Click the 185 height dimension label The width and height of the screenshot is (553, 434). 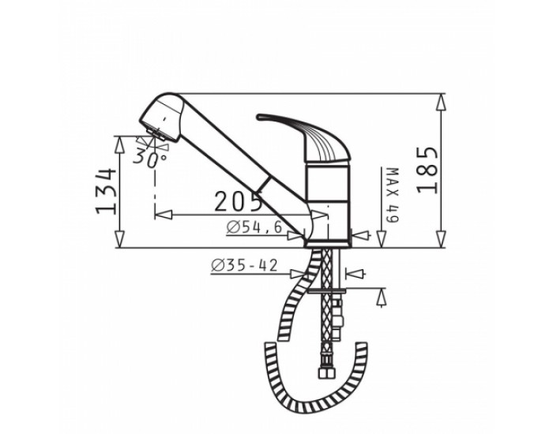coord(427,170)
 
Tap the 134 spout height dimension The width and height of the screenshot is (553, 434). coord(106,191)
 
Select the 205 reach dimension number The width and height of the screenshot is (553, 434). coord(238,201)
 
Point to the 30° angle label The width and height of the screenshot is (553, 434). coord(150,158)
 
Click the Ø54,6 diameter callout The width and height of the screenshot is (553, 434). coord(254,227)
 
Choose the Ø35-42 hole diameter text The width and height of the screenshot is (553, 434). coord(244,266)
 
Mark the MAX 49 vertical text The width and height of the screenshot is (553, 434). coord(393,196)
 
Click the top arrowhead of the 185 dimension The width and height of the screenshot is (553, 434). coord(441,103)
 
